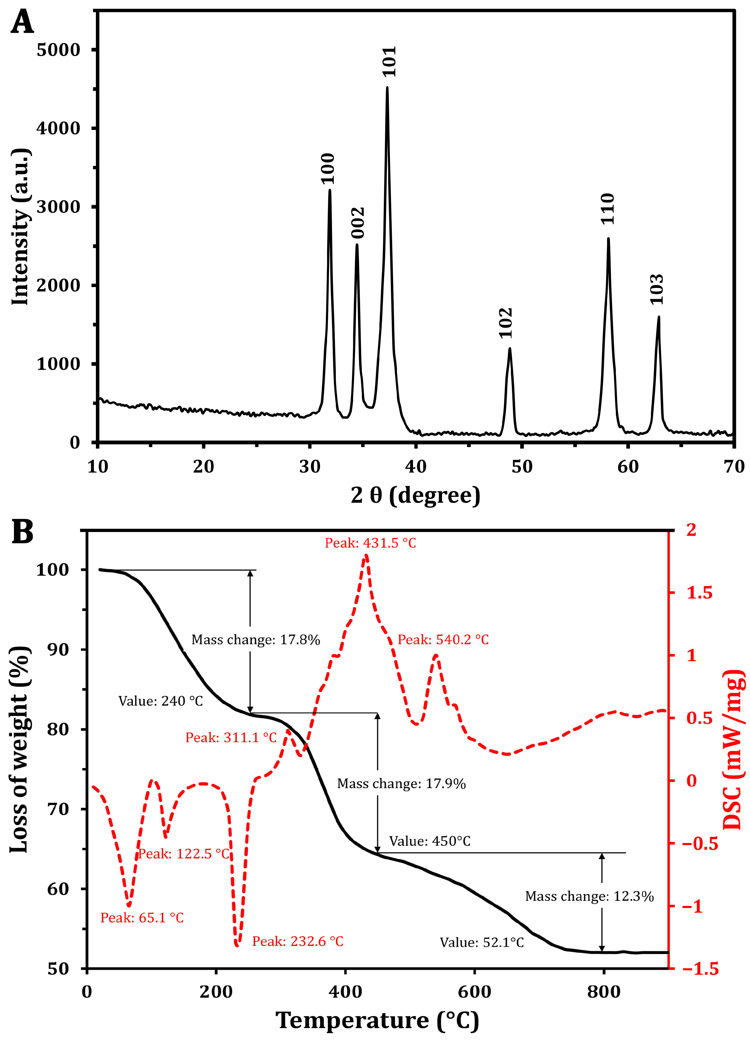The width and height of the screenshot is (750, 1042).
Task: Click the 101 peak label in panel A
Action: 389,61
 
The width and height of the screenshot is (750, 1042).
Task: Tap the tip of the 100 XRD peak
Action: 330,190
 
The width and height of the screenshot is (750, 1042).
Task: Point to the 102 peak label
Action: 505,323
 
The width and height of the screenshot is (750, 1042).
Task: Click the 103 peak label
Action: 656,289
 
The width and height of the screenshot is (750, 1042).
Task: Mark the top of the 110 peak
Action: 608,238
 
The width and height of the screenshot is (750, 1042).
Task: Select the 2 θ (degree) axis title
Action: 415,495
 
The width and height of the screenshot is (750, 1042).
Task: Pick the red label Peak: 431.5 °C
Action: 370,543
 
